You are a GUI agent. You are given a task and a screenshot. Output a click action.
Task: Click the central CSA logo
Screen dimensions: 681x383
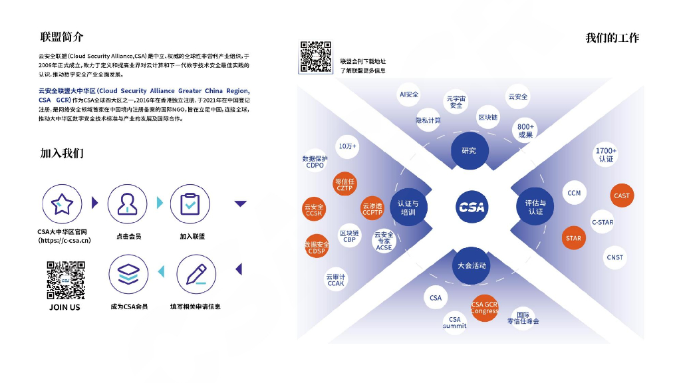click(472, 207)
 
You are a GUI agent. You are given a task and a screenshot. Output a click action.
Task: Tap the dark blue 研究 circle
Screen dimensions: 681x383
click(469, 150)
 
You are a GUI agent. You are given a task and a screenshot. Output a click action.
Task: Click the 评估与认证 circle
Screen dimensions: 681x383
click(535, 207)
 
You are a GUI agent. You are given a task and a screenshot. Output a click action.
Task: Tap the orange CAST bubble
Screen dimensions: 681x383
click(622, 195)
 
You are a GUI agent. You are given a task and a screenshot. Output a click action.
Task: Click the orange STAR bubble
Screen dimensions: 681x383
click(573, 238)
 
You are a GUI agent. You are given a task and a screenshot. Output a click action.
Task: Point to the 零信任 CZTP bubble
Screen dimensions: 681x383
click(344, 184)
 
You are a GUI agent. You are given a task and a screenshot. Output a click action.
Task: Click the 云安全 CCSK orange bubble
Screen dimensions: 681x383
click(314, 210)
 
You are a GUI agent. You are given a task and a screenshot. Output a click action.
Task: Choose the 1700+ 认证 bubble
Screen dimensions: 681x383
click(606, 155)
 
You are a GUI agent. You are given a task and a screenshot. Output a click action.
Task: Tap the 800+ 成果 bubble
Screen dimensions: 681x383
click(525, 130)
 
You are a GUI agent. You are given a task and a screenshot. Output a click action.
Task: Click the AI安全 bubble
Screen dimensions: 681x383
click(408, 94)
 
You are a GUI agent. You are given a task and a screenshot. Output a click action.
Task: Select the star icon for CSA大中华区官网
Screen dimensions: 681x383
click(62, 204)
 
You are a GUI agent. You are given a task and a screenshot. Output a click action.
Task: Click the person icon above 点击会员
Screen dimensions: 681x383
click(128, 204)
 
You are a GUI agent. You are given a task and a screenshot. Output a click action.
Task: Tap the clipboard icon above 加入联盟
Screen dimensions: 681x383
click(190, 204)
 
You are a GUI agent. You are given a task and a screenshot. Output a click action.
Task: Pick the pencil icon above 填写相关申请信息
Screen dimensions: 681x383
click(196, 274)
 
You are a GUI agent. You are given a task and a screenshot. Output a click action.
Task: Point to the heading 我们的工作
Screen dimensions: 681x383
click(612, 38)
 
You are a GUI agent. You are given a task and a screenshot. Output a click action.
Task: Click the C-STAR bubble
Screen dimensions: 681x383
click(603, 222)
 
